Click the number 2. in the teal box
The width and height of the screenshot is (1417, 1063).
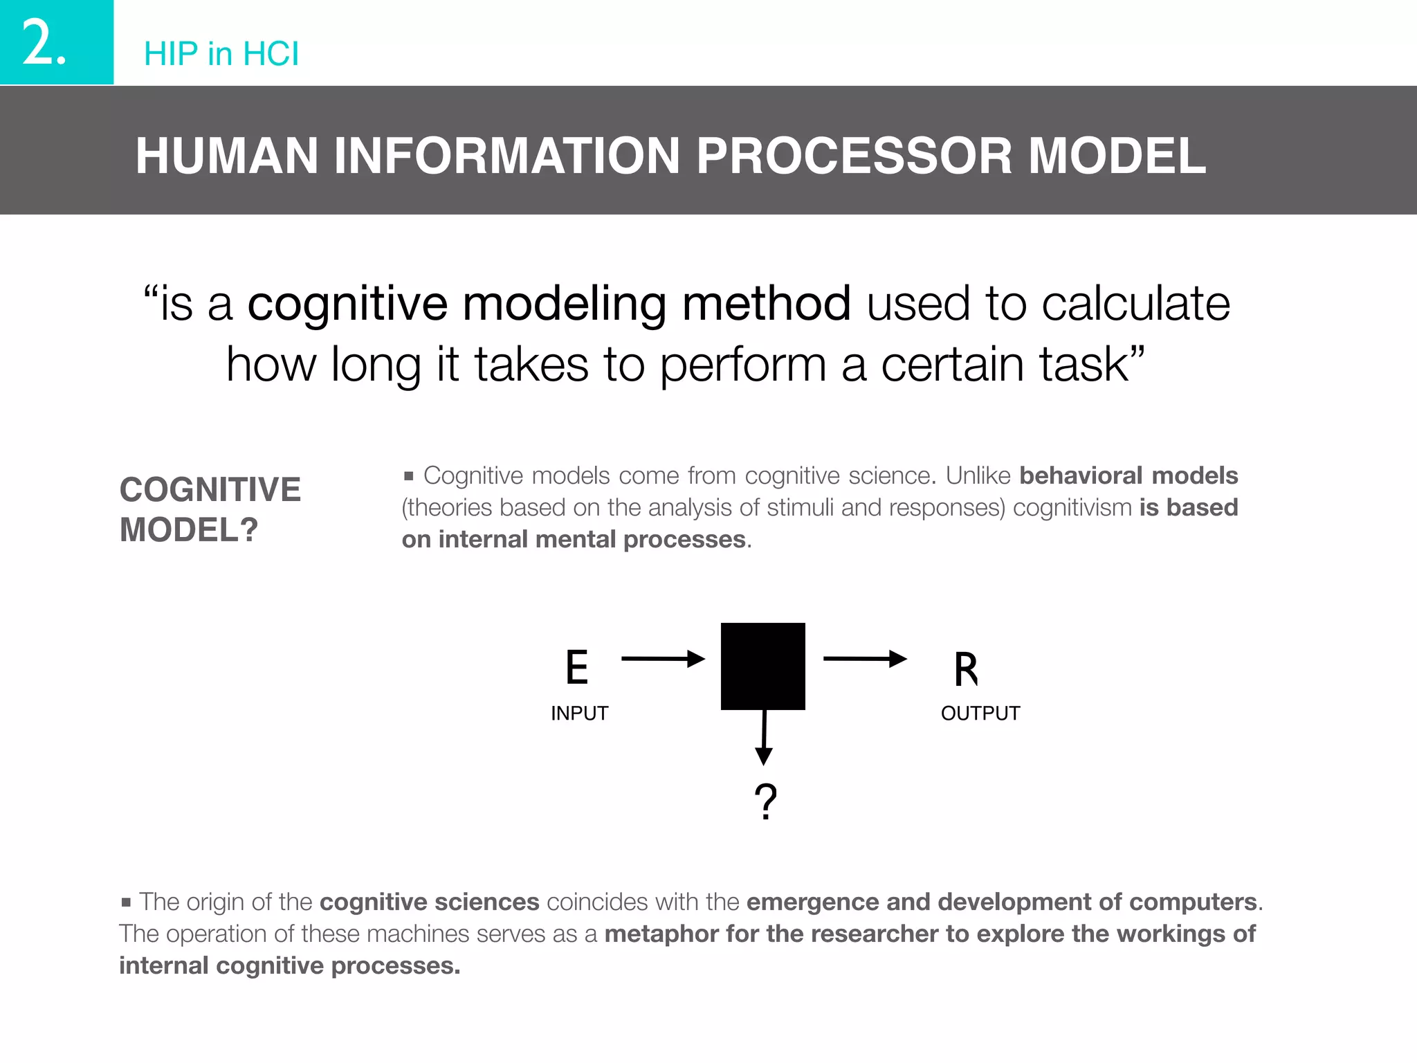click(44, 43)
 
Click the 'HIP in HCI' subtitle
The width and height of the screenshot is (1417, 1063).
click(221, 54)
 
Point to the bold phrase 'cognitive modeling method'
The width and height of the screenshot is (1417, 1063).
click(549, 304)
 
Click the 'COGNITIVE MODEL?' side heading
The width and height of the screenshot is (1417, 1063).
click(210, 509)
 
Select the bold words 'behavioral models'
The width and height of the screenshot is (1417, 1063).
click(1128, 476)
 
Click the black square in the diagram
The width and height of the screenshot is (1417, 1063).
click(762, 666)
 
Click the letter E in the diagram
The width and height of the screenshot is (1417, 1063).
click(576, 668)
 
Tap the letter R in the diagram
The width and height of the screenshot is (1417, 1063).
click(966, 670)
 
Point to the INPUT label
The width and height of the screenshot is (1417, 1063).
click(579, 714)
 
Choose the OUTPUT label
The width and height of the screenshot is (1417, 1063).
click(980, 714)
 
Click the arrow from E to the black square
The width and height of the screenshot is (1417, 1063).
click(662, 659)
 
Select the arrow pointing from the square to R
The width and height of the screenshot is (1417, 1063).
click(864, 659)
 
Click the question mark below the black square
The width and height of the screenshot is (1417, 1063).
click(765, 801)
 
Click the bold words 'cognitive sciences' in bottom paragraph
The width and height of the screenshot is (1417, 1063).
click(429, 902)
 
